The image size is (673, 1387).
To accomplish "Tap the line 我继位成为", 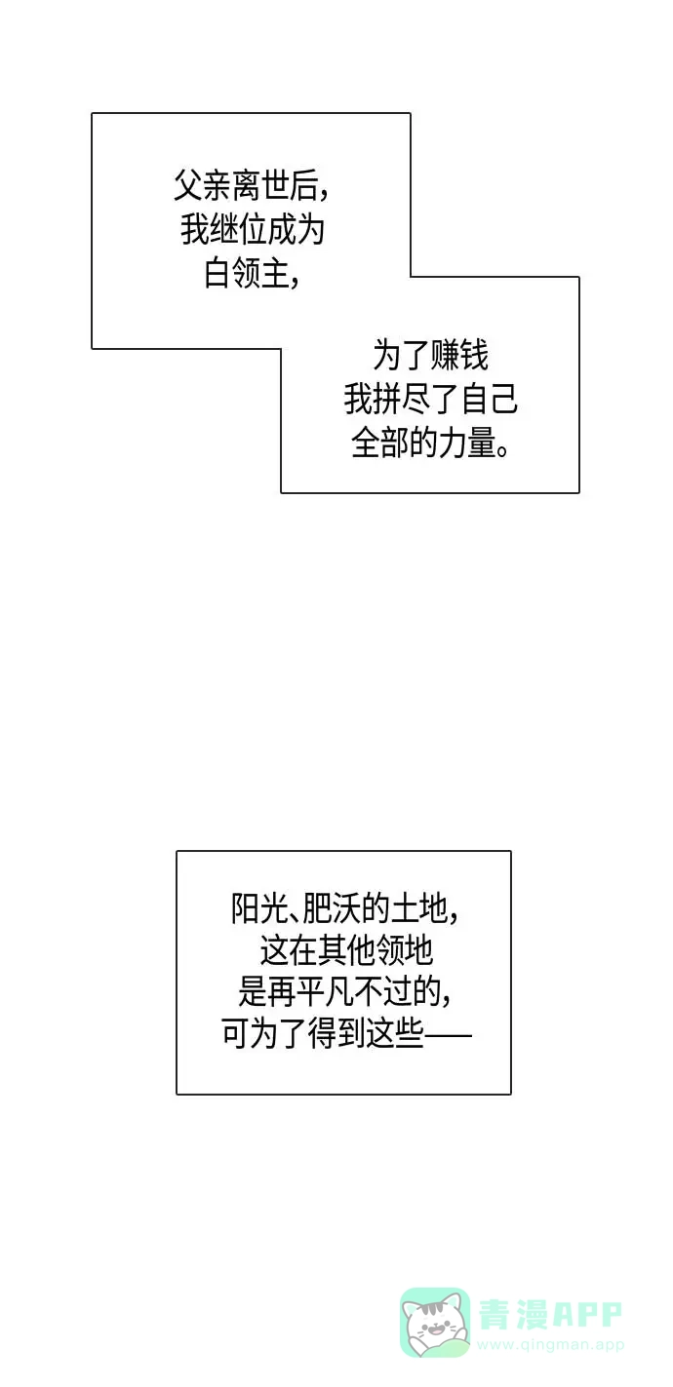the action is (253, 230).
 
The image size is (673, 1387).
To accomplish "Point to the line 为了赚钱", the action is (430, 356).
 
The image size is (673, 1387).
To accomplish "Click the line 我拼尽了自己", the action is (430, 400).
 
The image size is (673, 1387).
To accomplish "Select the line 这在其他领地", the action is (346, 950).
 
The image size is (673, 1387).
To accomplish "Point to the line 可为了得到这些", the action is (322, 1033).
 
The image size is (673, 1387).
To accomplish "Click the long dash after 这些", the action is (448, 1034).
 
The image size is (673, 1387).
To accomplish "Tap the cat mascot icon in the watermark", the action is (435, 1322).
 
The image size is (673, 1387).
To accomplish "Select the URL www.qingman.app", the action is (550, 1344).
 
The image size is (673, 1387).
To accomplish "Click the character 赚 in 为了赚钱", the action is (445, 356).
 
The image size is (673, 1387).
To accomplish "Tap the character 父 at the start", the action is (188, 185).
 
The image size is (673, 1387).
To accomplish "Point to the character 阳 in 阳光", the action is (245, 909).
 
